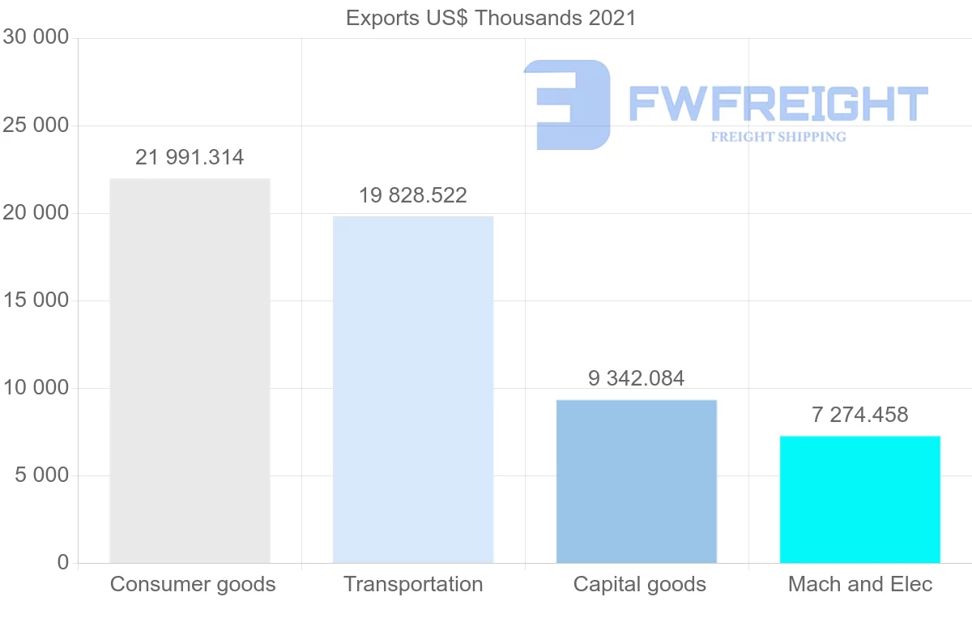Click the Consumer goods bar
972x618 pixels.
pos(190,370)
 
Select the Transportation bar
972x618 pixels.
pos(413,389)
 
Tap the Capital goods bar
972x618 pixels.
pos(637,481)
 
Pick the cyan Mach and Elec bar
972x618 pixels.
pos(860,499)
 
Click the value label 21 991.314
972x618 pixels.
pos(190,157)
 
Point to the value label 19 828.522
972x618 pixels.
pos(413,195)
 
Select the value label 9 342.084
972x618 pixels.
pos(637,378)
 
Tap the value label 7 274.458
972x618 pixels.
pos(860,415)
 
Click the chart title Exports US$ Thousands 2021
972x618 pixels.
pos(491,18)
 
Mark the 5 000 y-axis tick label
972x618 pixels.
pos(41,475)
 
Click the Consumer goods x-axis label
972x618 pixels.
pos(193,584)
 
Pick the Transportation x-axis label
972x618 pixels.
pos(413,584)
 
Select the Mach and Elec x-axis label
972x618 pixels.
pos(860,584)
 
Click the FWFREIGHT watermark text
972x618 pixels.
pos(778,104)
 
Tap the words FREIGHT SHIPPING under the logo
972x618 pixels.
pos(778,137)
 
